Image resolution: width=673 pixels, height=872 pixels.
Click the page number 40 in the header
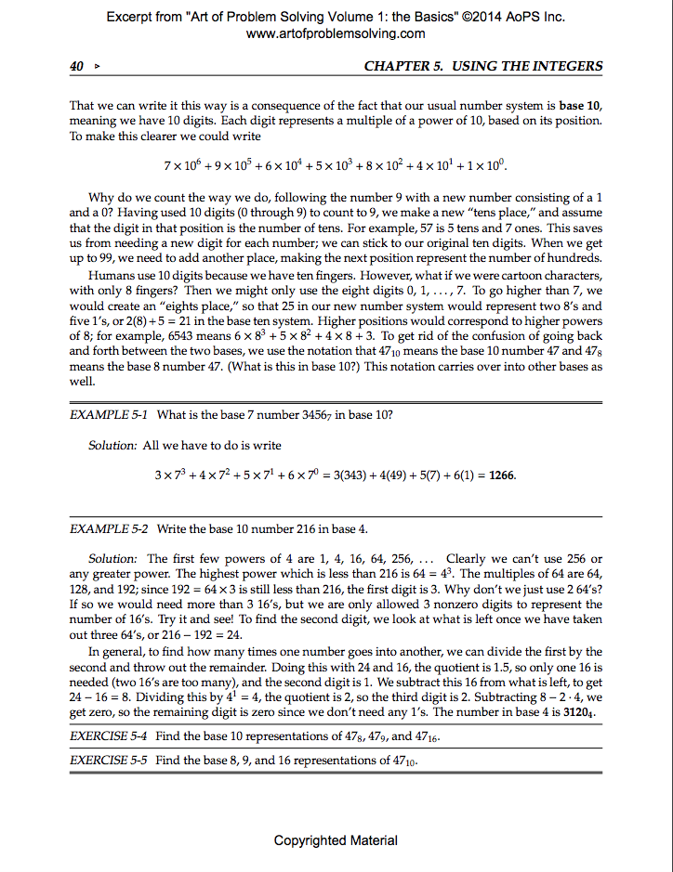[77, 66]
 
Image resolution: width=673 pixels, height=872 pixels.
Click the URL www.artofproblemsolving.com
[336, 33]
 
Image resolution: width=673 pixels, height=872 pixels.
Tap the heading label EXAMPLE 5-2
[110, 528]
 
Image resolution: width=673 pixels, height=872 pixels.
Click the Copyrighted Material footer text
[336, 840]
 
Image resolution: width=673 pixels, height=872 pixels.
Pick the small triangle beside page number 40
[96, 67]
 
